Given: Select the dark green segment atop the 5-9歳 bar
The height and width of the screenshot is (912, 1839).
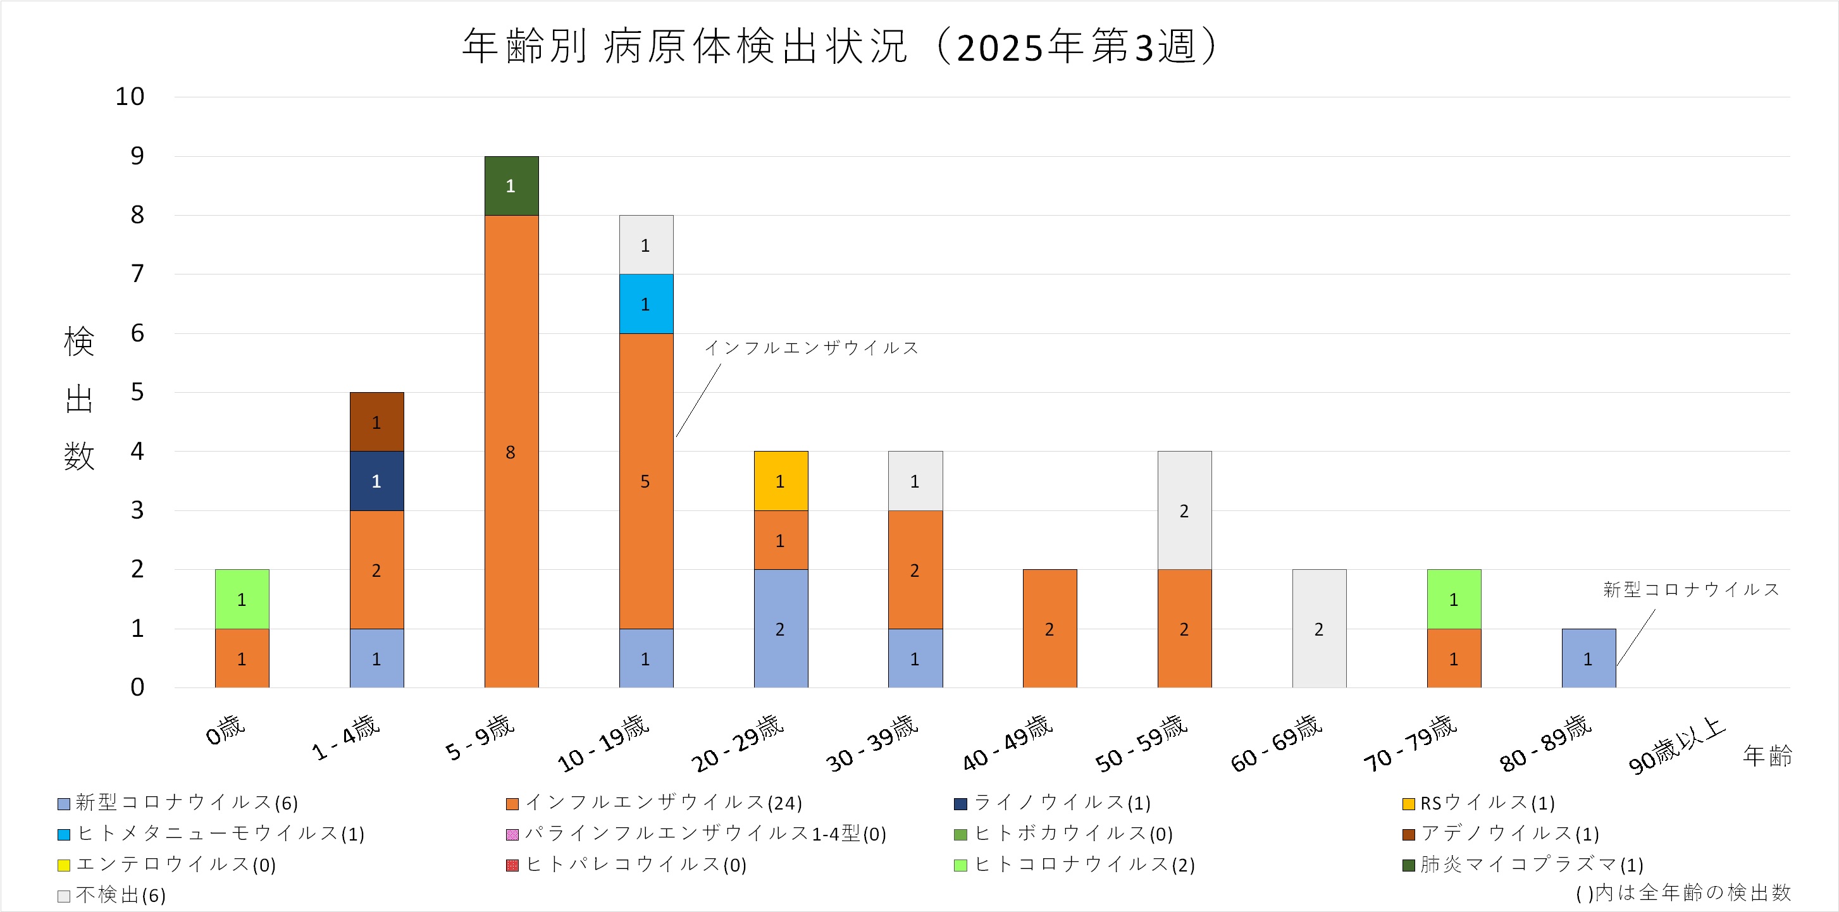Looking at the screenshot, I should [x=511, y=185].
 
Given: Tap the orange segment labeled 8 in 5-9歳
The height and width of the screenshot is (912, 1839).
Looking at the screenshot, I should [x=511, y=451].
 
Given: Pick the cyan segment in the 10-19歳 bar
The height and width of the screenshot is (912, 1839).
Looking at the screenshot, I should [x=646, y=304].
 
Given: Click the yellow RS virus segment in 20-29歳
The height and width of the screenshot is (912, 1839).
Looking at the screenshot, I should [x=780, y=481].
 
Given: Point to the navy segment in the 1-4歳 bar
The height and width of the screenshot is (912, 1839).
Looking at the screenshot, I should [x=376, y=481].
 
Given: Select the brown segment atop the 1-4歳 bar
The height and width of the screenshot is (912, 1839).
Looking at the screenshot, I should [x=376, y=422].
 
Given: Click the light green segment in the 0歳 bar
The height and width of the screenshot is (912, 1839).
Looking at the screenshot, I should [x=242, y=599].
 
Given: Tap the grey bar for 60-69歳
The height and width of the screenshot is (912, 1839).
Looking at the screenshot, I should [x=1318, y=629].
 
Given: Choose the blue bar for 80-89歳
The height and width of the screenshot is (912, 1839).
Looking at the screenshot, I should [x=1588, y=658].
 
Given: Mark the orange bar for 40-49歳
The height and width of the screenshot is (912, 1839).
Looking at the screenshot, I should [x=1050, y=629].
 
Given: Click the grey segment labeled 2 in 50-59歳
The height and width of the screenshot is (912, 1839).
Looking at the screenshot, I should [x=1184, y=510].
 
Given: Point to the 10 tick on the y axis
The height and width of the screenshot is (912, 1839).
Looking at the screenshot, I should [x=130, y=96].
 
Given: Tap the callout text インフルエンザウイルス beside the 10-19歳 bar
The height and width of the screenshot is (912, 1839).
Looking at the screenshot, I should [x=812, y=347].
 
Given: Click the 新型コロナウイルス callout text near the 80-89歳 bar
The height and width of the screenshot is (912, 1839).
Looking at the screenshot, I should [x=1691, y=589].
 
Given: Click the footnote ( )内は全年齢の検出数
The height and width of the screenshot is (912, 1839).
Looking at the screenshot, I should [x=1683, y=892].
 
